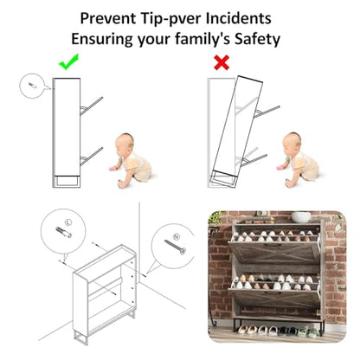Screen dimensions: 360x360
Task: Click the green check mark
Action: pyautogui.click(x=68, y=63)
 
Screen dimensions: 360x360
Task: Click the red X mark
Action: pyautogui.click(x=222, y=62)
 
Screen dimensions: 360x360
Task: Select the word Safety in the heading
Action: pyautogui.click(x=257, y=39)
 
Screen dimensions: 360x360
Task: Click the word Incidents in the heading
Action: pyautogui.click(x=238, y=18)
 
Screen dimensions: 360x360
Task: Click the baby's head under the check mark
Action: pyautogui.click(x=125, y=142)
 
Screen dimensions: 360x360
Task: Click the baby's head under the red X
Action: pyautogui.click(x=292, y=141)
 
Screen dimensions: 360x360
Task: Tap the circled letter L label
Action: pyautogui.click(x=68, y=222)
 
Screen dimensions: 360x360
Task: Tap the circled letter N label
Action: pyautogui.click(x=177, y=237)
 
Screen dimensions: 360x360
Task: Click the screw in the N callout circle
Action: pyautogui.click(x=175, y=247)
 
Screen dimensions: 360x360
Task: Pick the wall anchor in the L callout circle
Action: pyautogui.click(x=63, y=233)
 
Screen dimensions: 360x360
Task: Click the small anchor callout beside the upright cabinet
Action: pyautogui.click(x=31, y=86)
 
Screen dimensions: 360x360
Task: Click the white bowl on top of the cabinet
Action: pyautogui.click(x=301, y=217)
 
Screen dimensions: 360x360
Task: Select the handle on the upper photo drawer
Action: pyautogui.click(x=273, y=246)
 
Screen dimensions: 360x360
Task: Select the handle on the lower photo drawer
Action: pyautogui.click(x=273, y=293)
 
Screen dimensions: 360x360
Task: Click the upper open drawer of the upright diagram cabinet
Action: pyautogui.click(x=92, y=106)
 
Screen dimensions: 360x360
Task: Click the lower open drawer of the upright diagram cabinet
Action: pyautogui.click(x=92, y=157)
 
